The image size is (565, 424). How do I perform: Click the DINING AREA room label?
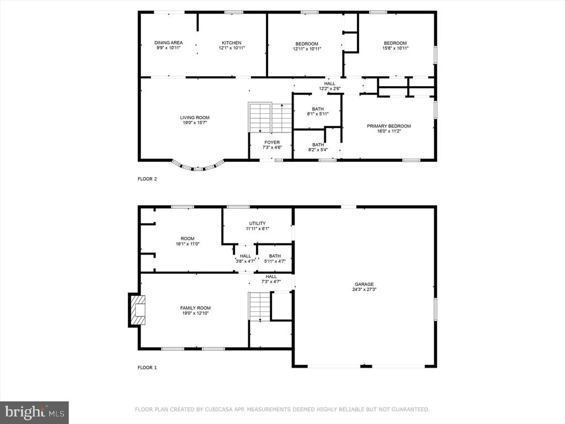pyautogui.click(x=169, y=43)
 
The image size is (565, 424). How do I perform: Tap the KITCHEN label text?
pyautogui.click(x=232, y=43)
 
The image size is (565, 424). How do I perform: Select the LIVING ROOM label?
pyautogui.click(x=195, y=118)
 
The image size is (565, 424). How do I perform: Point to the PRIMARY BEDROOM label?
pyautogui.click(x=389, y=126)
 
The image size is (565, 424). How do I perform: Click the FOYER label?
pyautogui.click(x=272, y=142)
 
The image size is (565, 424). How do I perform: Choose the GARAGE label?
pyautogui.click(x=364, y=284)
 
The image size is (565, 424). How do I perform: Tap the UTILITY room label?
pyautogui.click(x=258, y=223)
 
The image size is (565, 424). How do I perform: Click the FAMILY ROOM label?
pyautogui.click(x=195, y=308)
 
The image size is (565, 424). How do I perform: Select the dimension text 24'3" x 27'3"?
pyautogui.click(x=364, y=289)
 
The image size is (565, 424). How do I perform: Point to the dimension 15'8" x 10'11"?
pyautogui.click(x=395, y=48)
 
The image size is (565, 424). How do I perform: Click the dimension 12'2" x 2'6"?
pyautogui.click(x=330, y=88)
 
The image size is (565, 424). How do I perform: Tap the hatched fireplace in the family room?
pyautogui.click(x=137, y=310)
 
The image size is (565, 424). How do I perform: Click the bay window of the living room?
pyautogui.click(x=198, y=166)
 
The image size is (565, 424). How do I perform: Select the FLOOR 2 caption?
pyautogui.click(x=147, y=179)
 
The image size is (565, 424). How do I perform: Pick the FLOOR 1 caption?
pyautogui.click(x=147, y=368)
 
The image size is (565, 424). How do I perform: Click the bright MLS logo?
pyautogui.click(x=34, y=412)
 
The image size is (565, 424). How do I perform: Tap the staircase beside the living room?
pyautogui.click(x=269, y=117)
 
